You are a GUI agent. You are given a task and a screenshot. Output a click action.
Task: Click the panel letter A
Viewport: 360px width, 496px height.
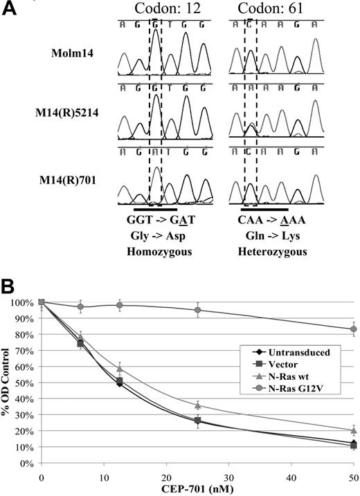tap(12, 9)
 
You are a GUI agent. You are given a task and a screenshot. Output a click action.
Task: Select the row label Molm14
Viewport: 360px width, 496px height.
tap(71, 53)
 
